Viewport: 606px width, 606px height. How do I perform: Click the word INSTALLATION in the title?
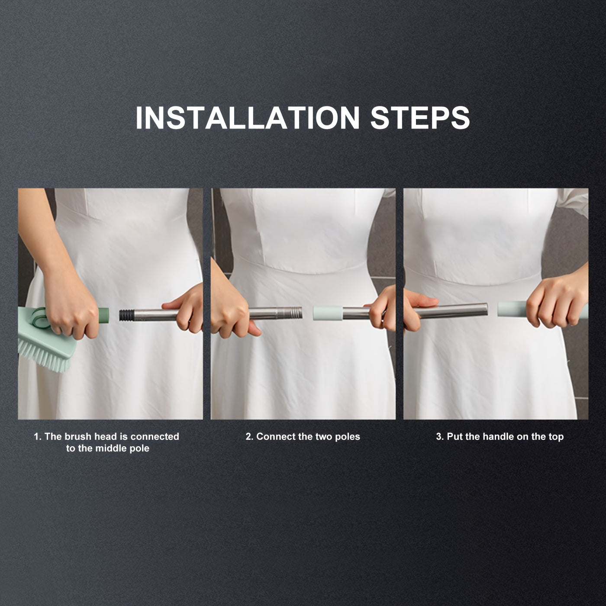(248, 117)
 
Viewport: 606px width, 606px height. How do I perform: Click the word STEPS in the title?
(420, 117)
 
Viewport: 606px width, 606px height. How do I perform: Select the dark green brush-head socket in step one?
(103, 316)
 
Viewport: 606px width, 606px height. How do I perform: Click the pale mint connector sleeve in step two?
(327, 313)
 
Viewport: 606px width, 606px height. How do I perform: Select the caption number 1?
(37, 436)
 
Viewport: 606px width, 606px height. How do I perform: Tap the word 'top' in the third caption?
(556, 436)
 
